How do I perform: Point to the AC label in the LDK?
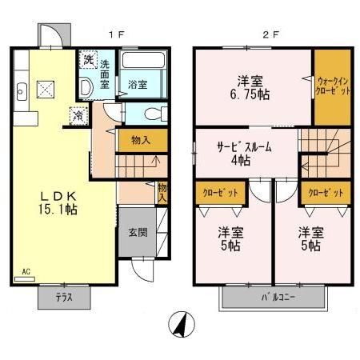click(26, 270)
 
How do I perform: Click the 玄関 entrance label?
click(138, 233)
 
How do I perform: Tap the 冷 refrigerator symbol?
click(78, 115)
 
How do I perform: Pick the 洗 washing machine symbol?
click(86, 60)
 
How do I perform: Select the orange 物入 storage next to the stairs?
click(142, 140)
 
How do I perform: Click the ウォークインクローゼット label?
click(332, 86)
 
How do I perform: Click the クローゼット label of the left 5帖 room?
click(214, 194)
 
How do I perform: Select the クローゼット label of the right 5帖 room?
click(326, 194)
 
